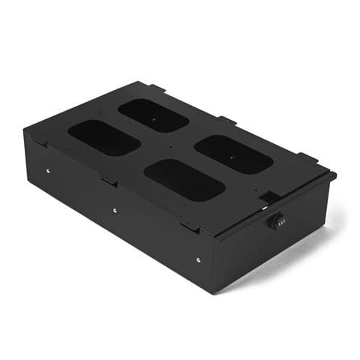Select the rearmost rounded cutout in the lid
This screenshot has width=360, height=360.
pyautogui.click(x=153, y=115)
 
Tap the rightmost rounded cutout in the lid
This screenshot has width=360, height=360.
pyautogui.click(x=232, y=154)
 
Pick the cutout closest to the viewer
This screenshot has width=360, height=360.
pyautogui.click(x=184, y=179)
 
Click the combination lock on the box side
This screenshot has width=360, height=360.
pyautogui.click(x=277, y=221)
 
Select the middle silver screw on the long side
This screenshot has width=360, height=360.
pyautogui.click(x=114, y=211)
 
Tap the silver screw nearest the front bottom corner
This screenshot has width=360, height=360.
pyautogui.click(x=198, y=260)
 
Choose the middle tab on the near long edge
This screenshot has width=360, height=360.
pyautogui.click(x=109, y=181)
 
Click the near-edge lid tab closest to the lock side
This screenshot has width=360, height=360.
pyautogui.click(x=192, y=226)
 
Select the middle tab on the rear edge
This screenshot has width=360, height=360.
pyautogui.click(x=227, y=121)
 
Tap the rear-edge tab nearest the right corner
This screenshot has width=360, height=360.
pyautogui.click(x=307, y=158)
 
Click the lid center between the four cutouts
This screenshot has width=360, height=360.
pyautogui.click(x=168, y=147)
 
